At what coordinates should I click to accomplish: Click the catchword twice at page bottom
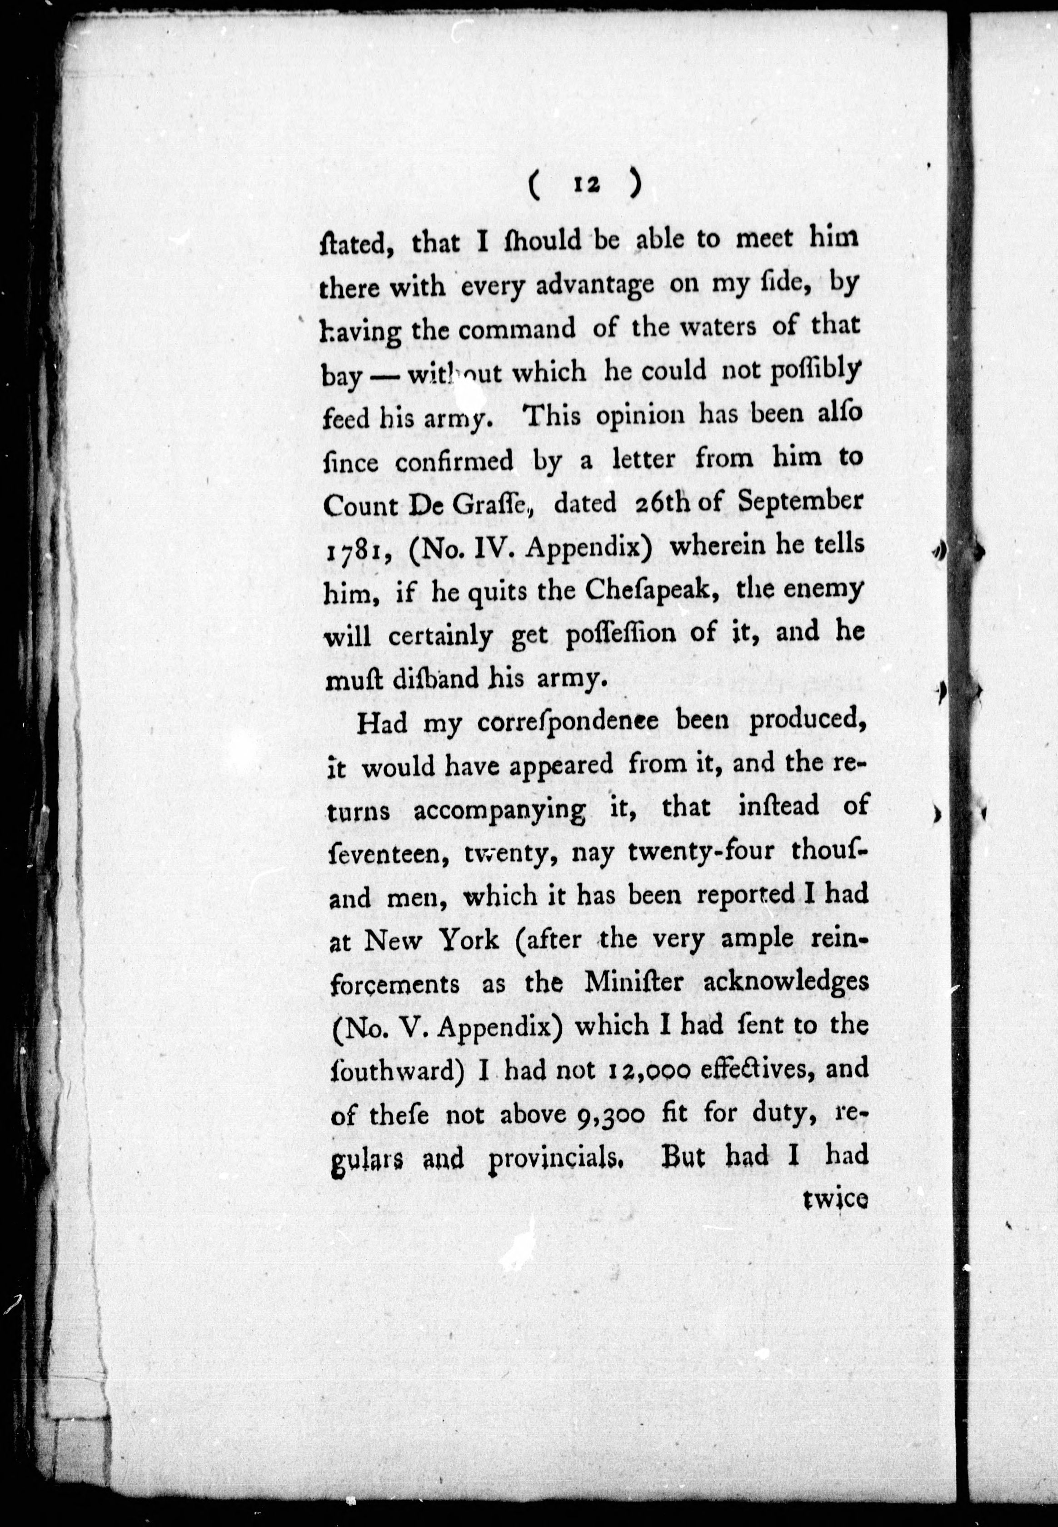(834, 1200)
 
